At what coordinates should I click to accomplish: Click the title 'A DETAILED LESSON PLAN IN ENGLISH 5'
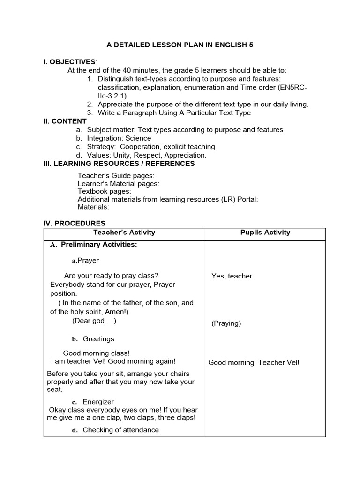coord(180,45)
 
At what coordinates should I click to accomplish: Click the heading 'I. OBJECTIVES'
coord(69,62)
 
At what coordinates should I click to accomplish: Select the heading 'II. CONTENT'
coord(65,121)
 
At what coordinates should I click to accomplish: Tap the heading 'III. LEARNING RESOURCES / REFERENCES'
coord(119,164)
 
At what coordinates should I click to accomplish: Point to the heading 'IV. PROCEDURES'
coord(74,223)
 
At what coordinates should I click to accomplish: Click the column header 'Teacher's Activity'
coord(124,232)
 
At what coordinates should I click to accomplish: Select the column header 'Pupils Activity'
coord(265,232)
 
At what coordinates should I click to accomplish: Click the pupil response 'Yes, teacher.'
coord(232,276)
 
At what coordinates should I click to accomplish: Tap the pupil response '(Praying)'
coord(226,323)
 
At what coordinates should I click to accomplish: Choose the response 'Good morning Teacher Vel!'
coord(253,362)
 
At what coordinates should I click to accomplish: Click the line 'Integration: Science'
coord(119,138)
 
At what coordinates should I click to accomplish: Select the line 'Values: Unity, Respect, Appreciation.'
coord(146,155)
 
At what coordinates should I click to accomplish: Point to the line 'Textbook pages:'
coord(104,191)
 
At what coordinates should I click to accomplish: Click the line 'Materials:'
coord(93,207)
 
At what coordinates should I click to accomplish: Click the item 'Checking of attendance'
coord(120,430)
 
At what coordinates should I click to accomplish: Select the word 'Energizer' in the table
coord(98,402)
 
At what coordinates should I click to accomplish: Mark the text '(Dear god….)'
coord(94,321)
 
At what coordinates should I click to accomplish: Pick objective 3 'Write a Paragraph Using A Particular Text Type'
coord(174,112)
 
